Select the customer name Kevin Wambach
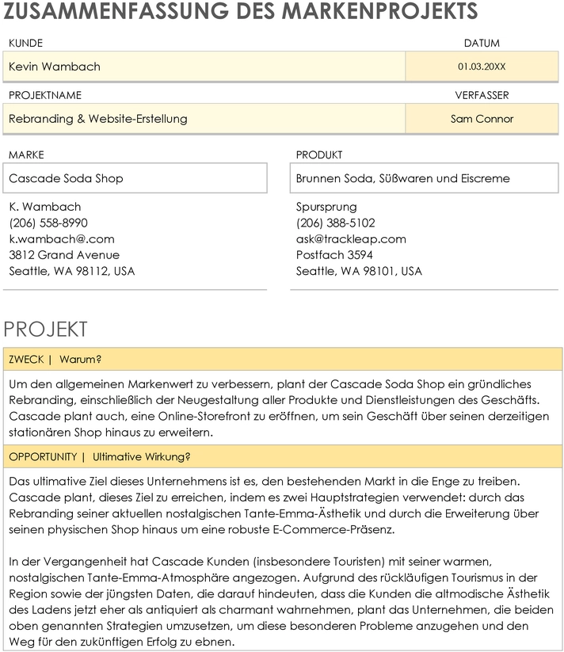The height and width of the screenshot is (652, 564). pos(55,67)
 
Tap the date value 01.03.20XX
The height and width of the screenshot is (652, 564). pos(482,67)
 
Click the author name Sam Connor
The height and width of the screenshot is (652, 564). pos(482,119)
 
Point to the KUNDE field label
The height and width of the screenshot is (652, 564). pos(25,44)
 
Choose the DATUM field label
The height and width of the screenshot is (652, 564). pos(482,44)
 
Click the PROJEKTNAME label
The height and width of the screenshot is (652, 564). pos(45,95)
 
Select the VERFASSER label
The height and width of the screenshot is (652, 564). pos(482,95)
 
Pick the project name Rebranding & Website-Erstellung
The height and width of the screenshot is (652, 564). pos(98,119)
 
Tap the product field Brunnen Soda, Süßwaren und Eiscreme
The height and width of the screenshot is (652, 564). pos(402,178)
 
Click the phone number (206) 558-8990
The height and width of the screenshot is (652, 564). pos(48,223)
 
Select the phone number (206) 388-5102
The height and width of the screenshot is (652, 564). pos(336,223)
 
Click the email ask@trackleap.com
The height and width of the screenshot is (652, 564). pos(351,238)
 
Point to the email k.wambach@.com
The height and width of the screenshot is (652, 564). pos(62,238)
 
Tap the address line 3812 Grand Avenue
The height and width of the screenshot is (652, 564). pos(64,255)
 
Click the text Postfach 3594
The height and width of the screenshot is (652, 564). pos(334,255)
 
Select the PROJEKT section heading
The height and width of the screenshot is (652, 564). pos(45,330)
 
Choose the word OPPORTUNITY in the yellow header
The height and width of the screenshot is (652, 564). pos(43,457)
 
